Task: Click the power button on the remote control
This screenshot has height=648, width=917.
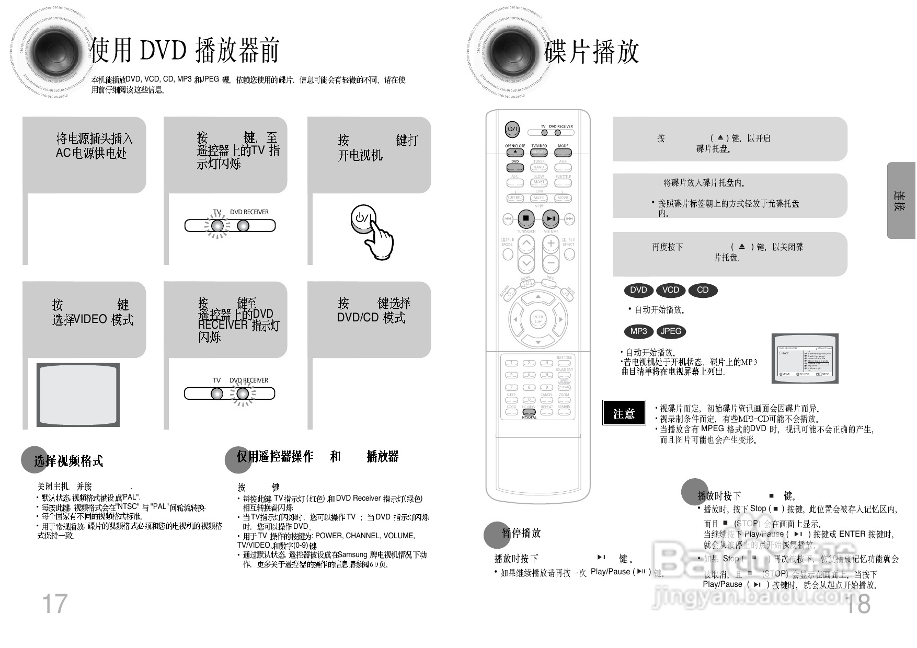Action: click(x=512, y=129)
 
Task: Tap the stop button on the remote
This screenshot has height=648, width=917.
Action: click(x=526, y=218)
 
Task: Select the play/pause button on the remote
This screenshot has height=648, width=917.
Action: click(x=551, y=218)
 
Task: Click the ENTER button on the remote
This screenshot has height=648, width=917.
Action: click(x=538, y=319)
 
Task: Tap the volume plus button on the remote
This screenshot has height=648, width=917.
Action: click(x=551, y=244)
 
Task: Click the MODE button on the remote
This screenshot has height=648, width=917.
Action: click(x=563, y=153)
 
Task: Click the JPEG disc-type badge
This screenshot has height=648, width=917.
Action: click(x=671, y=331)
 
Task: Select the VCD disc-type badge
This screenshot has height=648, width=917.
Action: click(x=670, y=290)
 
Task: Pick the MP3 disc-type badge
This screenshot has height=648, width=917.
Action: click(x=638, y=331)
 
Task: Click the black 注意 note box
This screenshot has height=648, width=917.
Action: click(x=623, y=414)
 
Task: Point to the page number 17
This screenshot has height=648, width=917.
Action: click(x=54, y=604)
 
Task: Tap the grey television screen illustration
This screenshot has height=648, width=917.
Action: click(x=78, y=395)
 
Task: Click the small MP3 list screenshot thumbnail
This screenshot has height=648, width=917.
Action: click(x=805, y=359)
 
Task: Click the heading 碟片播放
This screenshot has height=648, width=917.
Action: click(x=592, y=52)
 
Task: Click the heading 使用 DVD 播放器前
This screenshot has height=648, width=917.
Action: click(x=185, y=51)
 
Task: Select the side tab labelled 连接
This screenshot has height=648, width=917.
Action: click(x=900, y=201)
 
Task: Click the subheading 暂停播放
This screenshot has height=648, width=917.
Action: click(x=521, y=533)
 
